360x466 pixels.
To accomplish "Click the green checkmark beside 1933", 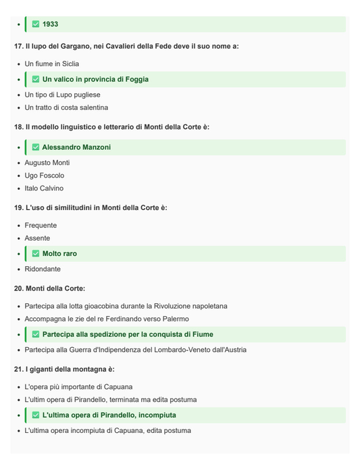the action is pyautogui.click(x=36, y=24).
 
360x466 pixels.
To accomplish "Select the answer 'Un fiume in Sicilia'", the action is pyautogui.click(x=52, y=64).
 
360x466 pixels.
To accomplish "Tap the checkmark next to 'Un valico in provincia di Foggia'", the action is pyautogui.click(x=36, y=80).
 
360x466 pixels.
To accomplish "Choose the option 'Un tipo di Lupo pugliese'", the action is pyautogui.click(x=62, y=95).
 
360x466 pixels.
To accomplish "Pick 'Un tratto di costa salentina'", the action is pyautogui.click(x=66, y=108).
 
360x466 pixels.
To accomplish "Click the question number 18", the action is pyautogui.click(x=18, y=127).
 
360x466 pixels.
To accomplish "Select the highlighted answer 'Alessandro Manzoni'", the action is pyautogui.click(x=76, y=147).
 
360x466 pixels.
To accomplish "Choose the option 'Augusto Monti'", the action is pyautogui.click(x=47, y=163).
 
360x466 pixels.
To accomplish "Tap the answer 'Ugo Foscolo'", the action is pyautogui.click(x=45, y=176).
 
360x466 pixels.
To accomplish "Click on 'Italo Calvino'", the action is pyautogui.click(x=44, y=188).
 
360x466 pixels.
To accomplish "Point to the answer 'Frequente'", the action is pyautogui.click(x=41, y=226).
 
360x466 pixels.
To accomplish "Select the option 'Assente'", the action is pyautogui.click(x=37, y=238).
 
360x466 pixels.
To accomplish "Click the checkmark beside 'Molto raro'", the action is pyautogui.click(x=36, y=254).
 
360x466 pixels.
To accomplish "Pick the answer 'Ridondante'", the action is pyautogui.click(x=43, y=269).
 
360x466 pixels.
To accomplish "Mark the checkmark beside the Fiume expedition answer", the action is pyautogui.click(x=36, y=334).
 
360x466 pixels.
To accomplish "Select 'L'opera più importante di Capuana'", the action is pyautogui.click(x=78, y=387).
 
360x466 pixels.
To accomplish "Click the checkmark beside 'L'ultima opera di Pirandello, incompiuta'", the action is pyautogui.click(x=36, y=415).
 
